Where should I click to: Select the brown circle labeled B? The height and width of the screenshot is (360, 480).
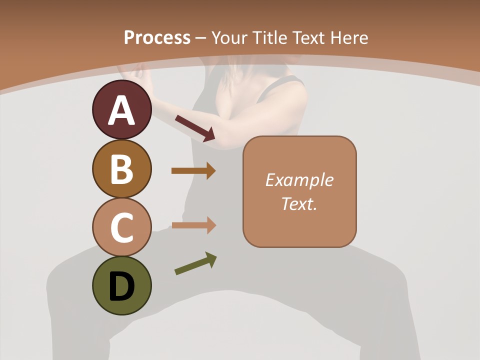click(x=121, y=168)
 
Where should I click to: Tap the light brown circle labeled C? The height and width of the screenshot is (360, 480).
click(x=121, y=227)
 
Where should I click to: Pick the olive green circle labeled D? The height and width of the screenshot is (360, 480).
click(x=121, y=285)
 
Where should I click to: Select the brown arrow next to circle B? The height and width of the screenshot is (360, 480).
click(x=193, y=171)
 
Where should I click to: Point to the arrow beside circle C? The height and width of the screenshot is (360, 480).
click(x=193, y=225)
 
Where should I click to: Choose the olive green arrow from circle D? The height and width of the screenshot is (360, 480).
click(x=195, y=264)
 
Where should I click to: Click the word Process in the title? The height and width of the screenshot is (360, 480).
click(x=157, y=38)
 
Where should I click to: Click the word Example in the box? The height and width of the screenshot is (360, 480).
click(x=299, y=180)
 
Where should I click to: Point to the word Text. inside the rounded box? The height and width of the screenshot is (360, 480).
click(x=299, y=203)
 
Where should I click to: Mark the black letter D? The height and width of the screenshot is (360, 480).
click(x=121, y=287)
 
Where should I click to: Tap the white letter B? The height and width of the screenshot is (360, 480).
click(x=121, y=169)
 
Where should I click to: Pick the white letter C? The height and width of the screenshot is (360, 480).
click(x=121, y=227)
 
